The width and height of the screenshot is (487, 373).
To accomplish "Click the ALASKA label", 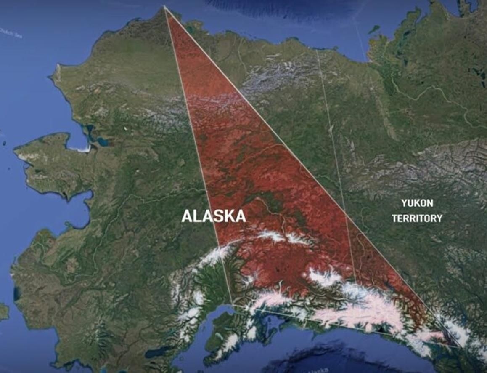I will [214, 216].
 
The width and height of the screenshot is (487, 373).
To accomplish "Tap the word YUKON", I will [417, 203].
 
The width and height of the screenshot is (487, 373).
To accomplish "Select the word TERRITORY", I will [417, 218].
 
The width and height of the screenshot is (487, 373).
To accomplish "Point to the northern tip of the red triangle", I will [164, 7].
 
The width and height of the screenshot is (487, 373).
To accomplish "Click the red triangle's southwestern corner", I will [231, 304].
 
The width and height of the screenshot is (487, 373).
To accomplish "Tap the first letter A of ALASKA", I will [186, 216].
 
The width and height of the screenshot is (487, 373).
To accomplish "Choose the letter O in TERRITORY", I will [428, 218].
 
